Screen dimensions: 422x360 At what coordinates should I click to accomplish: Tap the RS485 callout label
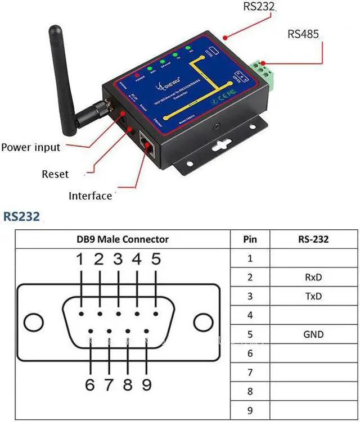pos(303,34)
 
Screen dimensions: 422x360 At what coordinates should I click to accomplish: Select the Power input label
pos(30,148)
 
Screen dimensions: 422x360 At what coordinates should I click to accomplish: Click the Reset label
pos(55,174)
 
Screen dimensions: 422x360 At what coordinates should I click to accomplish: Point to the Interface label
pos(90,196)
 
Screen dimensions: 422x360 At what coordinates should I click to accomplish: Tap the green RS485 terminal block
pos(265,75)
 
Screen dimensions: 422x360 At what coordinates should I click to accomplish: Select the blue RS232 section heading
pos(21,216)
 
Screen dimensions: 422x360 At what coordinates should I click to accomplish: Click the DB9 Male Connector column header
pos(123,239)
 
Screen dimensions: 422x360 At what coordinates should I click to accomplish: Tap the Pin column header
pos(250,239)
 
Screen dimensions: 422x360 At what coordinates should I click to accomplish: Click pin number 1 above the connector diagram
pos(80,259)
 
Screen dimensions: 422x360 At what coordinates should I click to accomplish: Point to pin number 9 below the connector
pos(146,385)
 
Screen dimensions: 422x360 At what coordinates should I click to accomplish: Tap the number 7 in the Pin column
pos(250,373)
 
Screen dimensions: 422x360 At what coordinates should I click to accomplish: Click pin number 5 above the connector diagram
pos(156,259)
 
